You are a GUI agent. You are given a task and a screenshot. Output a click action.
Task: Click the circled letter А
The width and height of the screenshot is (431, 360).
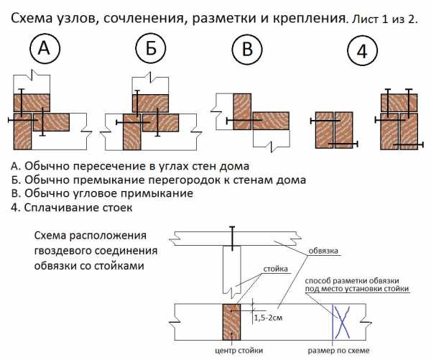45,50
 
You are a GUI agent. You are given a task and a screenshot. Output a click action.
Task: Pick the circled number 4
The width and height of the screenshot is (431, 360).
363,52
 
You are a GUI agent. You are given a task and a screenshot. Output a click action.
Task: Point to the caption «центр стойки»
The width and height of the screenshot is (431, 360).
238,350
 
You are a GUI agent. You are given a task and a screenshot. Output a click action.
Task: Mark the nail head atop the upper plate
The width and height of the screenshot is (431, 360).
232,230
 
